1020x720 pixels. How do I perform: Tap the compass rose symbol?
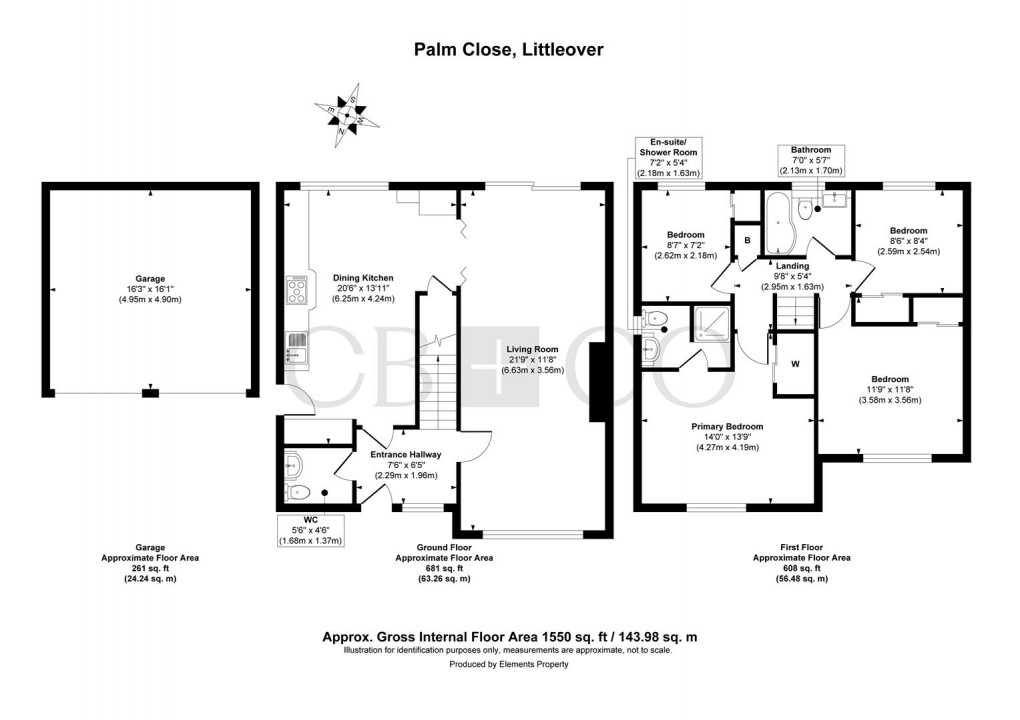343,115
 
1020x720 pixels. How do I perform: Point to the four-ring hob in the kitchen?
297,291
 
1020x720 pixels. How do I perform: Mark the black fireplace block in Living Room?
597,382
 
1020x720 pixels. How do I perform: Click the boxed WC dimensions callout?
311,529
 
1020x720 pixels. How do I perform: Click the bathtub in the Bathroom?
779,224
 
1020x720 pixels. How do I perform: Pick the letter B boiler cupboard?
745,241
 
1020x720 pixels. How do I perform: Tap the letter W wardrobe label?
795,364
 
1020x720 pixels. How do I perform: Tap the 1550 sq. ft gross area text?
509,637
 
